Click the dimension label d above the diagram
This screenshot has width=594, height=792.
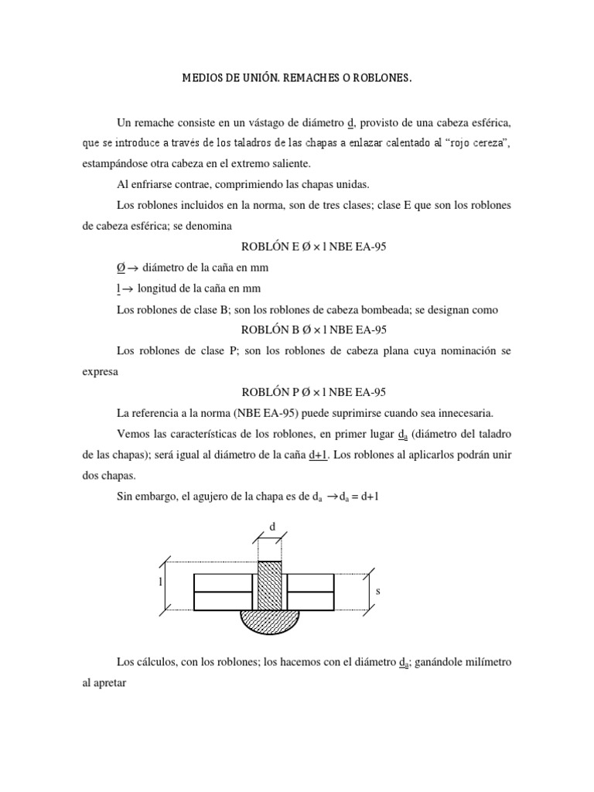(271, 527)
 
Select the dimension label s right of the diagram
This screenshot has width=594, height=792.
(377, 590)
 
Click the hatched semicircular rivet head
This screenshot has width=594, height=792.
(271, 620)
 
